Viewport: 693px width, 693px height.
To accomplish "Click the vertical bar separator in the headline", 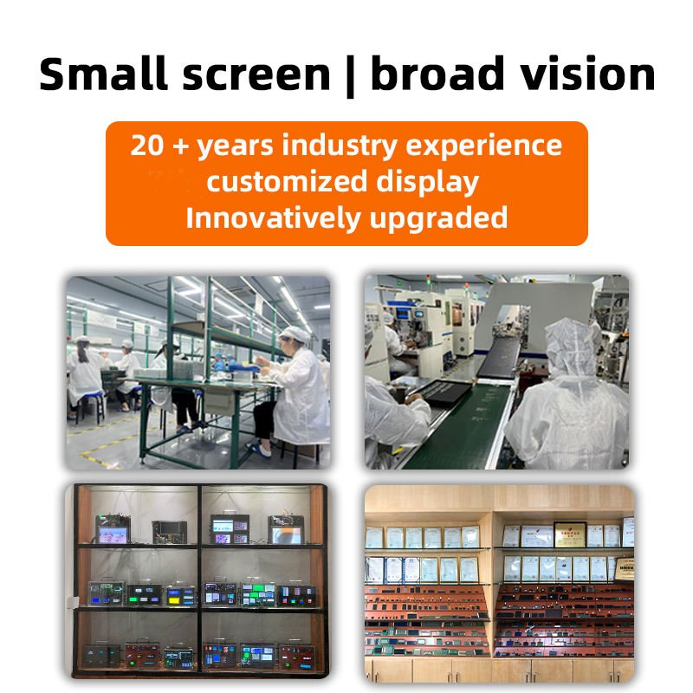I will pyautogui.click(x=350, y=75).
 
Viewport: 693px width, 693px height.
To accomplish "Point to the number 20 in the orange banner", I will pyautogui.click(x=148, y=145).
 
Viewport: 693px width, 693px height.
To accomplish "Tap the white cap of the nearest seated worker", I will pyautogui.click(x=297, y=335).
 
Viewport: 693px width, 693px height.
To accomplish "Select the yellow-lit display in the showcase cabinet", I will pyautogui.click(x=180, y=597).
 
